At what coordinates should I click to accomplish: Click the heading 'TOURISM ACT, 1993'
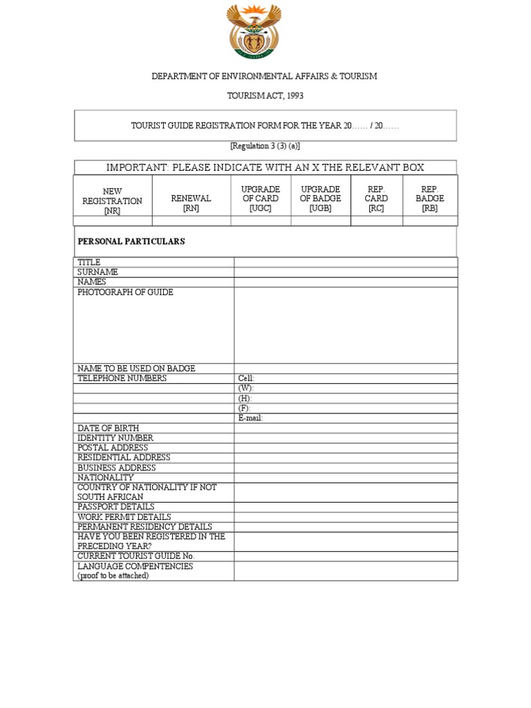[x=265, y=95]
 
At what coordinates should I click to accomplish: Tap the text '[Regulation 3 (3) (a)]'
[x=265, y=146]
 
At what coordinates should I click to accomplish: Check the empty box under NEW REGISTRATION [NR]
[x=112, y=221]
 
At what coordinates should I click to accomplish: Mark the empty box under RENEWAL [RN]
[x=191, y=221]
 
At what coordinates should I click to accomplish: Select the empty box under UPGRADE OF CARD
[x=261, y=221]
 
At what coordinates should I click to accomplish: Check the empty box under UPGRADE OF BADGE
[x=321, y=221]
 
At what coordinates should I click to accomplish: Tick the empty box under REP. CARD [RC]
[x=377, y=221]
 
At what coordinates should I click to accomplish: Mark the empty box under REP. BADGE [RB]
[x=429, y=221]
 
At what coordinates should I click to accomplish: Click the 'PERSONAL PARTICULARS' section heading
[x=131, y=241]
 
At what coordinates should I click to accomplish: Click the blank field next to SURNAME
[x=346, y=272]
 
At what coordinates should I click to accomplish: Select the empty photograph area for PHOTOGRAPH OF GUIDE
[x=346, y=325]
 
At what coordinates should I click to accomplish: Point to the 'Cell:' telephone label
[x=246, y=379]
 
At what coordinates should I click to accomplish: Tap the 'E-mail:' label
[x=250, y=418]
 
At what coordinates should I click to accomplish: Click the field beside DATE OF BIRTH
[x=346, y=429]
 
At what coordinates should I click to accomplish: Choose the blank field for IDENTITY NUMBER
[x=346, y=438]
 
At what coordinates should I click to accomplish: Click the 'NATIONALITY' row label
[x=106, y=478]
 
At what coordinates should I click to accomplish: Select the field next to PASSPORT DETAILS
[x=346, y=507]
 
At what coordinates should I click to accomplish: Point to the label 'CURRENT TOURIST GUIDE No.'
[x=136, y=556]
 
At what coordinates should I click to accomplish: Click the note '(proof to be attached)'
[x=113, y=575]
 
